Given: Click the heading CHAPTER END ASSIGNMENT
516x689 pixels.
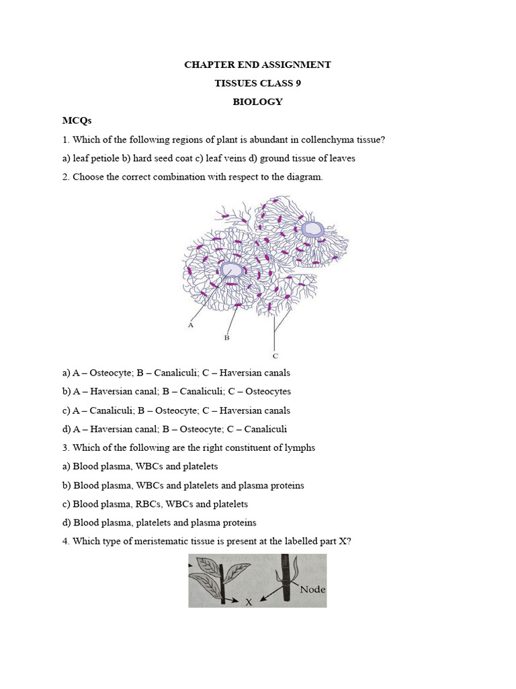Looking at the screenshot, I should coord(257,65).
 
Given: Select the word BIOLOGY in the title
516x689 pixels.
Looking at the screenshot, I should coord(257,102).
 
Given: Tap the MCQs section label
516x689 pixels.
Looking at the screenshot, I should coord(77,121).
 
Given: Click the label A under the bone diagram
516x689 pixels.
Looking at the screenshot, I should coord(191,325).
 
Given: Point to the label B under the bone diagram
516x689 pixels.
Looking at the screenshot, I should coord(226,338).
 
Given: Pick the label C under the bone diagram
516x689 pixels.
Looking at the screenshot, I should coord(275,355).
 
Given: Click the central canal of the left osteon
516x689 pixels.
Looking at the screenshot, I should coord(230,270).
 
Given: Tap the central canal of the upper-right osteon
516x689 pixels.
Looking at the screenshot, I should coord(312,229).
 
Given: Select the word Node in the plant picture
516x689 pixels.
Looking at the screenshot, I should coord(312,589).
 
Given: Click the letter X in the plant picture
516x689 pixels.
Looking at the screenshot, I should coord(248,603).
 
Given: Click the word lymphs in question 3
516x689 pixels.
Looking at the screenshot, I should coord(300,447).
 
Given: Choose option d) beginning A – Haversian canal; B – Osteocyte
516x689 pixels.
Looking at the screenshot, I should coord(175,429).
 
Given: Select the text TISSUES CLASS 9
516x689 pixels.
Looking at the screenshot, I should coord(257,83).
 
